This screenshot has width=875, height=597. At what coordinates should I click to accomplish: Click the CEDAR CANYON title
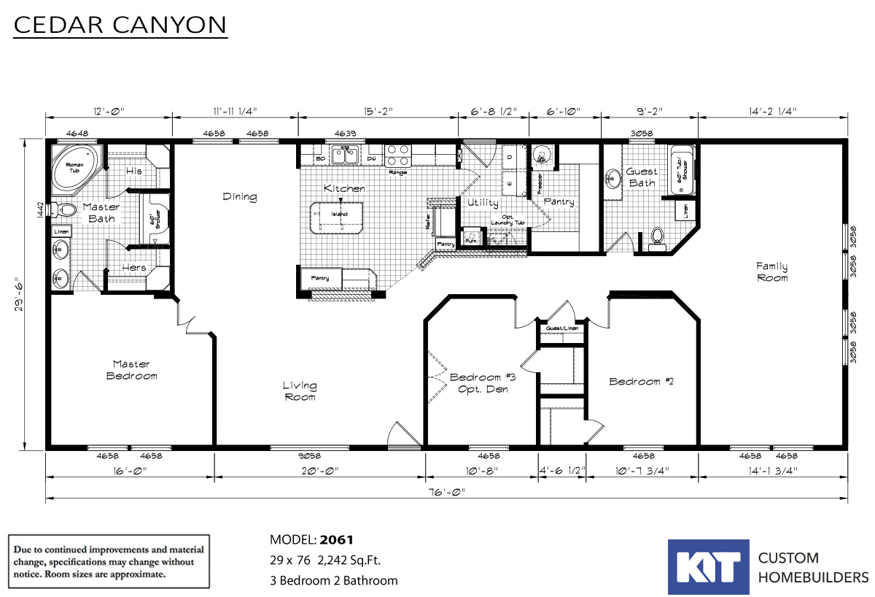(120, 26)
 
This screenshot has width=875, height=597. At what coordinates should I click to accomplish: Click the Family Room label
(771, 272)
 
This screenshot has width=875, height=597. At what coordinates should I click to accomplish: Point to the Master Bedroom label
(131, 370)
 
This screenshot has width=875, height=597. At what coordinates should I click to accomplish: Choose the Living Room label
(300, 391)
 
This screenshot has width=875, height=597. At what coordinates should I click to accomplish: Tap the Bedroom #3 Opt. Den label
(482, 383)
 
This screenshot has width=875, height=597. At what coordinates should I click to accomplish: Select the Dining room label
(240, 196)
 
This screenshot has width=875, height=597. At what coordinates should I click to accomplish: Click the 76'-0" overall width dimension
(447, 491)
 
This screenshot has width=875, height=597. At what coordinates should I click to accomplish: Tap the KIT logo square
(708, 567)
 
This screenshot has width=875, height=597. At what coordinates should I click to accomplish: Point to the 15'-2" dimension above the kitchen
(378, 112)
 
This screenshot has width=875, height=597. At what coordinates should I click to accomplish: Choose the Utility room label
(483, 202)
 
